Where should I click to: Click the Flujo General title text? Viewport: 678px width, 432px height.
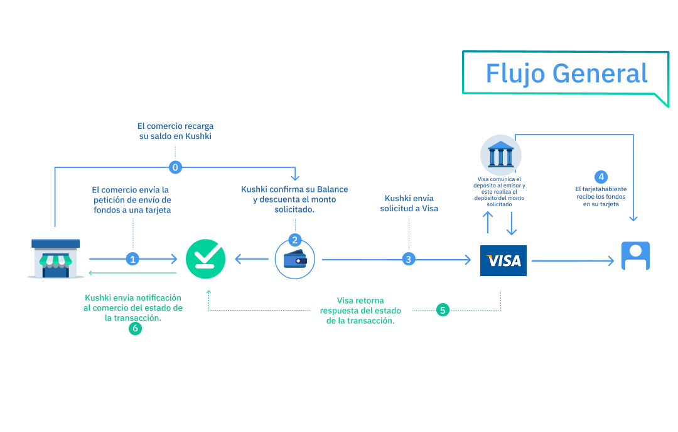[x=566, y=74]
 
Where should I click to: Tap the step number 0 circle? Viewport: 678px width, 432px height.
[x=176, y=167]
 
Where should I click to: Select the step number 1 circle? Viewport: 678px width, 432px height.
[x=132, y=258]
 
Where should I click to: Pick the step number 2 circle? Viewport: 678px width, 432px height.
[x=295, y=240]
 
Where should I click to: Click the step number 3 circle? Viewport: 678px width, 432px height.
[x=409, y=258]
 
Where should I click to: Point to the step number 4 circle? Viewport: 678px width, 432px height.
[x=601, y=177]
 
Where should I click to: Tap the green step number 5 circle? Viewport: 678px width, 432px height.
[x=443, y=310]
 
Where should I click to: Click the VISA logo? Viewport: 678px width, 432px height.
[x=503, y=260]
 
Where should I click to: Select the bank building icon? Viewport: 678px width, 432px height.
[x=501, y=155]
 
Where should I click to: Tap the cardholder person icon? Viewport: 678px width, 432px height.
[x=635, y=256]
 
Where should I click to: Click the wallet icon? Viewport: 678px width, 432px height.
[x=295, y=260]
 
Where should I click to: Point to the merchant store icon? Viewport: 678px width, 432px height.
[x=56, y=258]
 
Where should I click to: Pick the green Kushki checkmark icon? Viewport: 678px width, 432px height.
[x=205, y=259]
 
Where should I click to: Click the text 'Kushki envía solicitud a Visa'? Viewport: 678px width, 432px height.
[x=409, y=203]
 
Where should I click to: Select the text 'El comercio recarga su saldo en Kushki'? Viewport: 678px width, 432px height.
[x=175, y=131]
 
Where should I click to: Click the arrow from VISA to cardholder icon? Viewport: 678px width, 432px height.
[x=572, y=261]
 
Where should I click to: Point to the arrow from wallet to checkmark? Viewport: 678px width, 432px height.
[x=252, y=258]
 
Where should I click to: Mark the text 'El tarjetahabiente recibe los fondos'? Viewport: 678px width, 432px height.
[x=601, y=196]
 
